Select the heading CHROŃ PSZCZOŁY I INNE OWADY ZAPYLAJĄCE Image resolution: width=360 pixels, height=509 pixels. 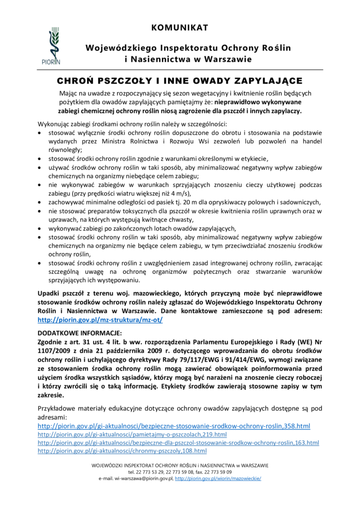coord(179,81)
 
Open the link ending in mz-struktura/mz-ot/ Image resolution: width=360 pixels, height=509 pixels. coord(100,319)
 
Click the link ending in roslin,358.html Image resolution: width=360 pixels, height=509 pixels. coord(174,426)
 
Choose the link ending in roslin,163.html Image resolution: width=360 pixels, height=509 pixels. coord(179,442)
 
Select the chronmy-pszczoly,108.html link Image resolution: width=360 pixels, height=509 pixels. coord(122,450)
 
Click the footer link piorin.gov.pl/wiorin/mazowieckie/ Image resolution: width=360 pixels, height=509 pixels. coord(218,478)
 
